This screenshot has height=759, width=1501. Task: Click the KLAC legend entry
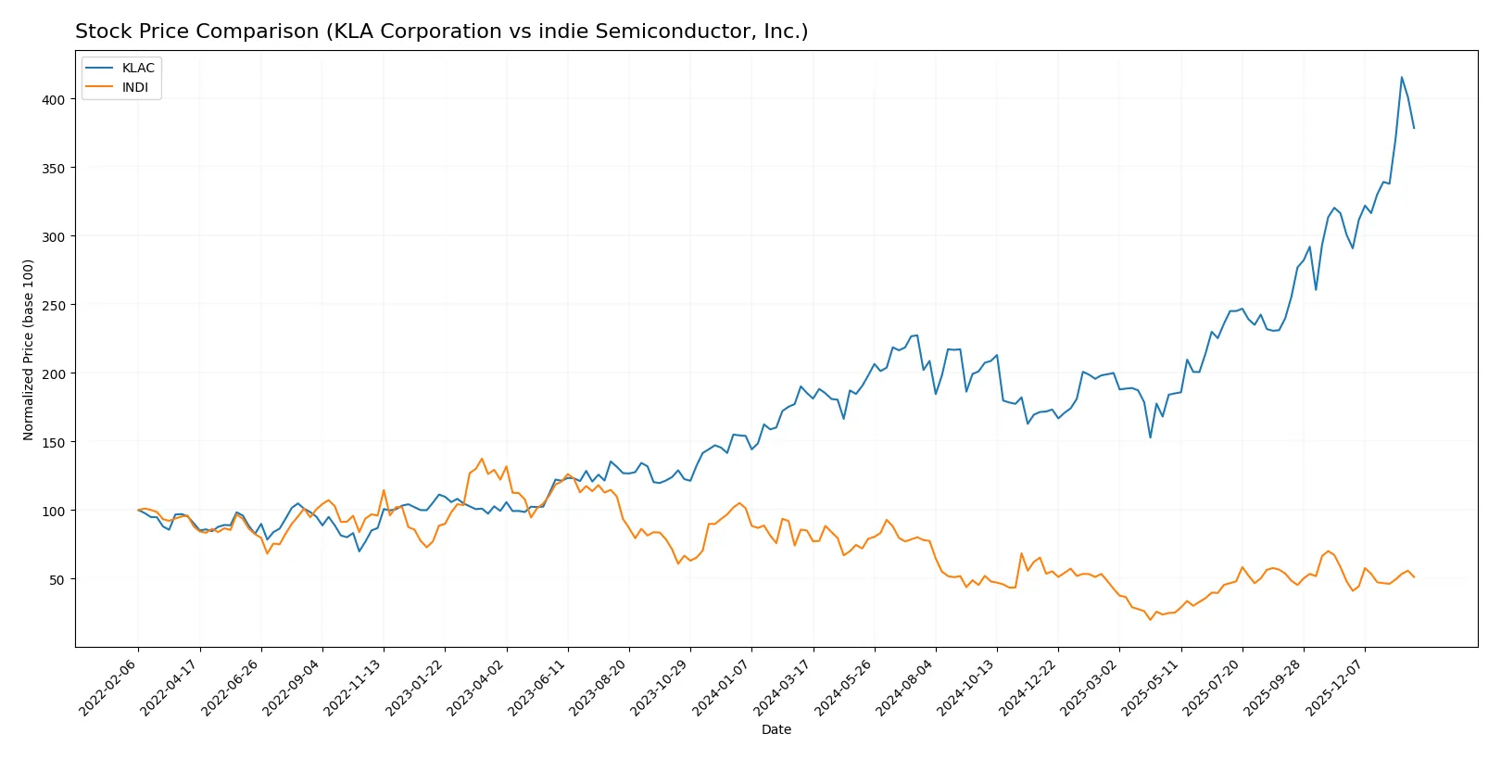click(x=137, y=68)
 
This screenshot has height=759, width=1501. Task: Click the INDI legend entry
click(x=134, y=87)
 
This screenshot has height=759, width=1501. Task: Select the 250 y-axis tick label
click(x=53, y=305)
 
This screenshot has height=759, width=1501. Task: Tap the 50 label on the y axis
click(x=57, y=579)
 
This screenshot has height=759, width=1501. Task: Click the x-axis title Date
click(x=776, y=729)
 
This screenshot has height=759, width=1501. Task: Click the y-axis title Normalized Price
click(x=28, y=349)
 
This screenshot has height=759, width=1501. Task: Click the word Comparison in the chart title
click(x=259, y=32)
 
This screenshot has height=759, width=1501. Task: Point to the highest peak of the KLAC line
click(x=1401, y=77)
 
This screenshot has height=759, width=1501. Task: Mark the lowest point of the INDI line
click(x=1150, y=619)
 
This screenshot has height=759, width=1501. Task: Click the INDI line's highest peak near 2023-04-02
click(x=481, y=458)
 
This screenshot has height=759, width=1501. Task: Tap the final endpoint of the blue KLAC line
click(x=1414, y=128)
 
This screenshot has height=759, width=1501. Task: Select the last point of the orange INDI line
click(x=1414, y=577)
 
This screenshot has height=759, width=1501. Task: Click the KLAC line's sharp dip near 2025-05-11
click(x=1150, y=437)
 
